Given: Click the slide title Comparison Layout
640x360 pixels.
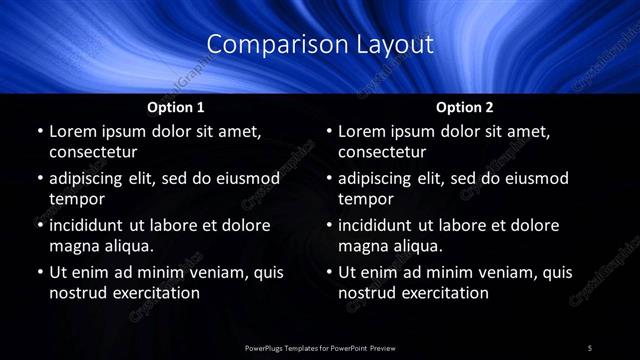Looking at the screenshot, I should click(x=320, y=45).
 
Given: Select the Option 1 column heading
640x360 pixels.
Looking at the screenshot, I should click(x=176, y=107).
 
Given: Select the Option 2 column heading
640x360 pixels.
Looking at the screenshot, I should click(x=465, y=107).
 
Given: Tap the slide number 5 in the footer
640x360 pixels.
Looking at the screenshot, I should click(x=590, y=347).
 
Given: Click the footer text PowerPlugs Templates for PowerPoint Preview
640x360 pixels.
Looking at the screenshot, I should click(x=320, y=347).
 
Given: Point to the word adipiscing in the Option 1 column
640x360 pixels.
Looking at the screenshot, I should click(x=92, y=178).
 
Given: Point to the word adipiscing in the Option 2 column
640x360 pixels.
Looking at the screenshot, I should click(x=382, y=178).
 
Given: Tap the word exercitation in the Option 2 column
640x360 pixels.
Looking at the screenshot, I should click(x=440, y=293).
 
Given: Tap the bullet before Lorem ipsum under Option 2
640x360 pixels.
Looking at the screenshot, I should click(x=329, y=132).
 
